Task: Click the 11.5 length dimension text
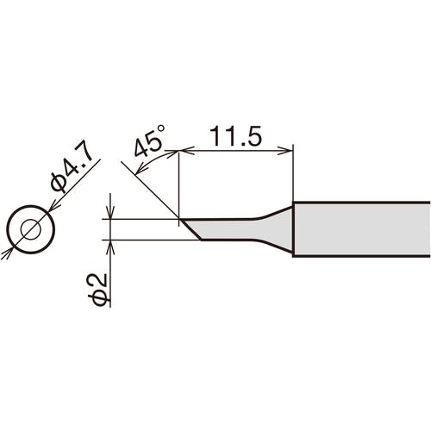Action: click(x=235, y=135)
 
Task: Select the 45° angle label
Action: click(x=149, y=141)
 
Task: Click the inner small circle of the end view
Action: click(x=31, y=229)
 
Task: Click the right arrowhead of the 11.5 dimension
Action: click(x=285, y=150)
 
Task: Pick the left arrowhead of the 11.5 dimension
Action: click(x=186, y=150)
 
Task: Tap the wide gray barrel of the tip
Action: click(x=361, y=229)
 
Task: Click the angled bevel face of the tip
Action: click(x=191, y=229)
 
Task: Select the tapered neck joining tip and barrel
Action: click(x=276, y=228)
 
